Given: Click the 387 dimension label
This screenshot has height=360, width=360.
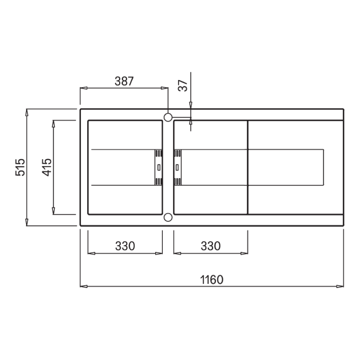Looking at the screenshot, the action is click(124, 81).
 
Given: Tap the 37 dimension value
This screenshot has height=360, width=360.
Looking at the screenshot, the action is click(183, 86).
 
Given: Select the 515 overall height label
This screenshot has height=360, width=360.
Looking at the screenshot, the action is click(20, 167).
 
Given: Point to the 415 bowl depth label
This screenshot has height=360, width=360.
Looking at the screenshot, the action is click(47, 167).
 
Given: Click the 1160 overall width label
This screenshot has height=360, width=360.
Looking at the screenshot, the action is click(212, 280).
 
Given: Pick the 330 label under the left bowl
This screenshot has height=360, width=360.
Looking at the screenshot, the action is click(125, 246).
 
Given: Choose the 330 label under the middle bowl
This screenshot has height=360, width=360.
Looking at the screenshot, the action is click(210, 246).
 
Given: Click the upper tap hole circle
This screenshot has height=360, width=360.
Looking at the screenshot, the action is click(168, 117).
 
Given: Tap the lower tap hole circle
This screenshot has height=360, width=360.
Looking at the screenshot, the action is click(168, 217).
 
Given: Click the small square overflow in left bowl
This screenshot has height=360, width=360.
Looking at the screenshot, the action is click(159, 167).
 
